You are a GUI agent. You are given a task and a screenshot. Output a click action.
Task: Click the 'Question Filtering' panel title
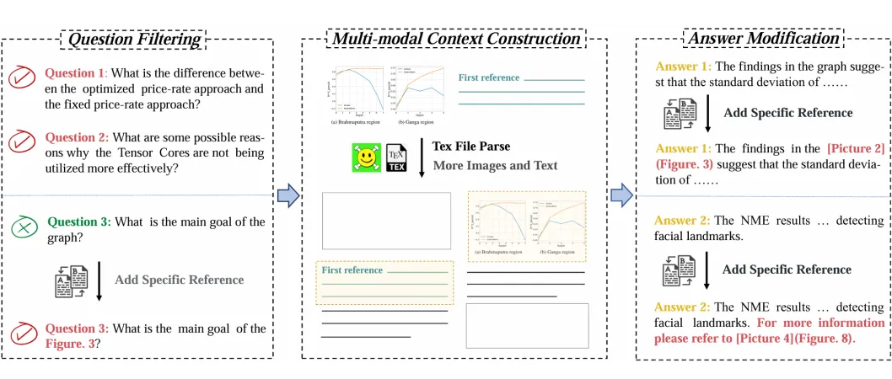coord(135,39)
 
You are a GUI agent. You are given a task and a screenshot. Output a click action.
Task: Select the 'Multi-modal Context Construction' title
coord(456,39)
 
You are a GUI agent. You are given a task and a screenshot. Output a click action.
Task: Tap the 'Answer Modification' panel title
coord(763,39)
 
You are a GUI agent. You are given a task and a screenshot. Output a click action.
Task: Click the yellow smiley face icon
coord(366,158)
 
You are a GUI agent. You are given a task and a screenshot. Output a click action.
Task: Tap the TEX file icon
coord(396,158)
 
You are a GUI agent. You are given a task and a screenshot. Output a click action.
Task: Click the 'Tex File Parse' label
coord(470,147)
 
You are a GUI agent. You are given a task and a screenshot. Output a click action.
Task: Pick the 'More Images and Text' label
coord(495,165)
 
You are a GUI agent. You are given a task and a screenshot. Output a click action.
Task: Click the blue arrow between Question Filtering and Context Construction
coord(288,195)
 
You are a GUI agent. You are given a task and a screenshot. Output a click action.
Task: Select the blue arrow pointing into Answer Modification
coord(621,195)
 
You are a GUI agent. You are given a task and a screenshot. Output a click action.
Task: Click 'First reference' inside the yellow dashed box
coord(352,270)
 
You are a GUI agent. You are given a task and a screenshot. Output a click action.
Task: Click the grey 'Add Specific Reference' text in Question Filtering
coord(179,280)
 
